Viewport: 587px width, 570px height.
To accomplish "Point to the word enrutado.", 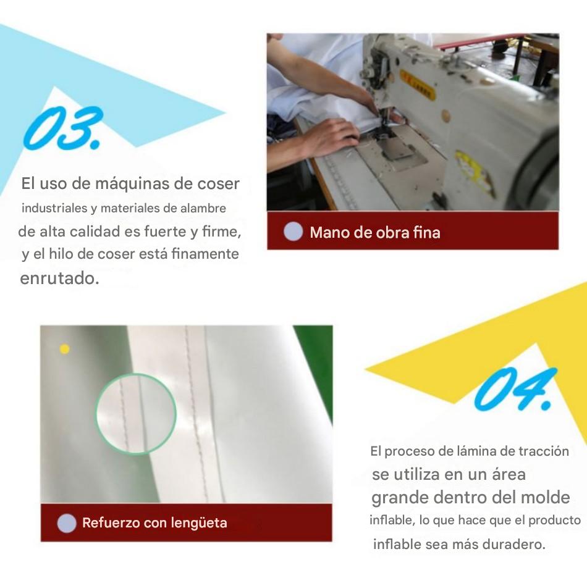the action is click(x=59, y=279).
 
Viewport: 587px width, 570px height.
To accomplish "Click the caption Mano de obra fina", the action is click(x=374, y=232).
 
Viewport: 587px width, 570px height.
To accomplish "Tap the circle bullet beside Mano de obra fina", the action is click(x=293, y=232).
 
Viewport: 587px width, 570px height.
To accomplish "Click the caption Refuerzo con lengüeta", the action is click(x=154, y=523).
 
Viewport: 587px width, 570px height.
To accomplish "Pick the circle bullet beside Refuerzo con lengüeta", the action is click(x=67, y=522).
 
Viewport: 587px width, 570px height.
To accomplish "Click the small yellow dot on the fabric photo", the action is click(x=64, y=349).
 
